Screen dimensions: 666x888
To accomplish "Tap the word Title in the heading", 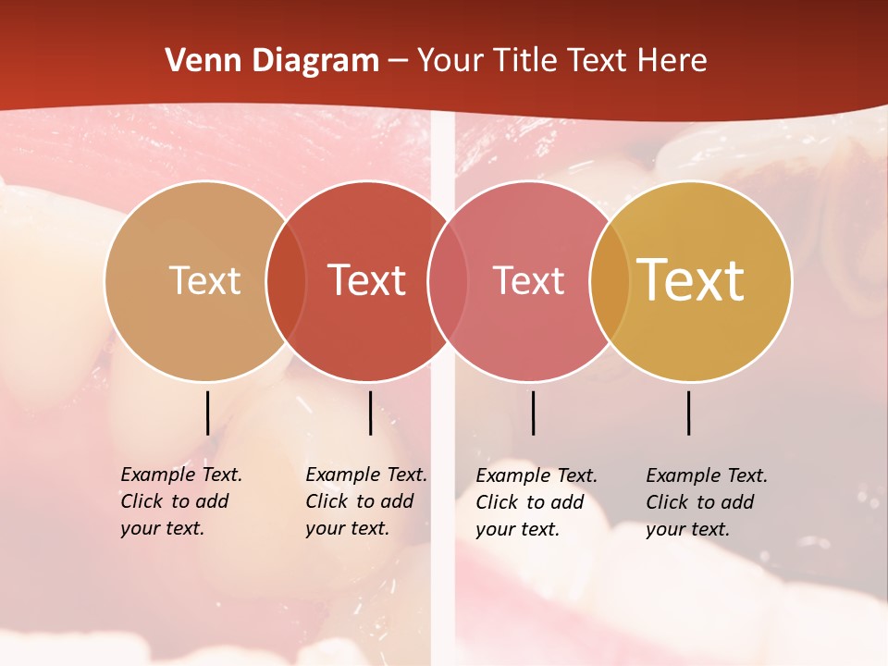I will [526, 61].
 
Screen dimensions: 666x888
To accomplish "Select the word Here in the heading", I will [672, 61].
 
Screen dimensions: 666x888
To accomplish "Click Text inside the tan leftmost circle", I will [204, 280].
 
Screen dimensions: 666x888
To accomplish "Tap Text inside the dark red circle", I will [366, 280].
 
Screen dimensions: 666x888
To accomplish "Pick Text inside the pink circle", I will [528, 280].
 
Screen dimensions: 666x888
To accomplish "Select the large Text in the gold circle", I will [691, 280].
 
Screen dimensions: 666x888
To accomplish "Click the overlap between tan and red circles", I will [286, 280].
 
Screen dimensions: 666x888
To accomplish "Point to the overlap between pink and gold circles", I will [610, 280].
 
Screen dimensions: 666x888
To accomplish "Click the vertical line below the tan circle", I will [208, 413].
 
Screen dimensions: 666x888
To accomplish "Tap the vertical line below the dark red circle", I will [370, 413].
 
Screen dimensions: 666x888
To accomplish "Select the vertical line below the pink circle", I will [533, 413].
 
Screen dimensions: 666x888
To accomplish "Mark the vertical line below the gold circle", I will [689, 413].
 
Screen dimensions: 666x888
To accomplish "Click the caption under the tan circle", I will [181, 501].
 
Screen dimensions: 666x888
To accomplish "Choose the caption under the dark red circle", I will [366, 501].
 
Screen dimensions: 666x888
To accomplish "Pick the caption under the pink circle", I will [536, 502].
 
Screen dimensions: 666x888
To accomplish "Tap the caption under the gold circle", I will [707, 502].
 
